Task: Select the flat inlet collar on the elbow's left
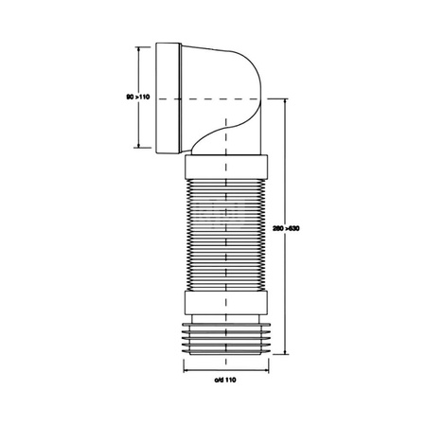(x=168, y=97)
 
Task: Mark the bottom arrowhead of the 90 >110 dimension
(x=140, y=149)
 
